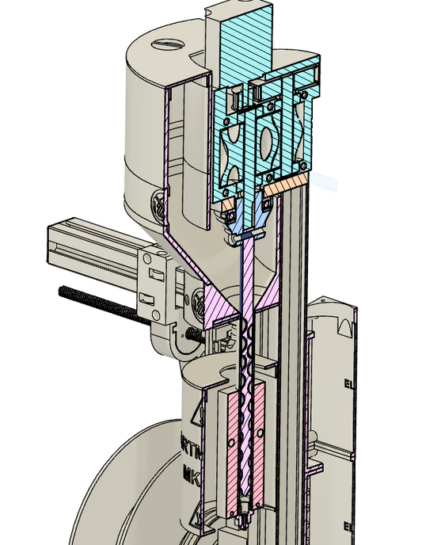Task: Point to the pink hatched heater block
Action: [232, 444]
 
